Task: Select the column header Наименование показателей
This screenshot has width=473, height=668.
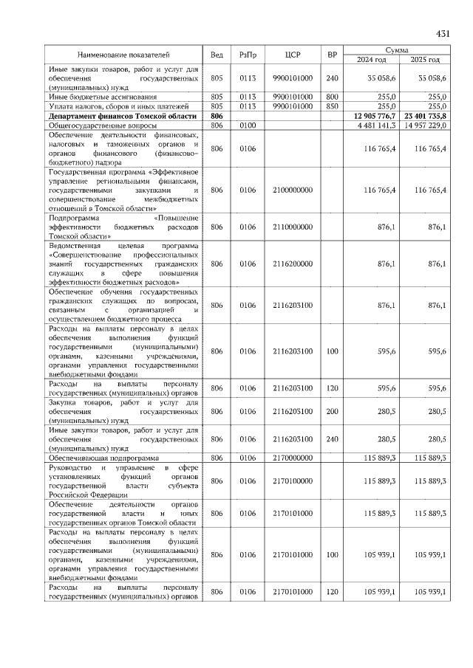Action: pyautogui.click(x=123, y=55)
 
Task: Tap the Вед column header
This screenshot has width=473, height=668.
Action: pyautogui.click(x=217, y=55)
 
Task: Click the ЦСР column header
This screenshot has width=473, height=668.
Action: pyautogui.click(x=292, y=55)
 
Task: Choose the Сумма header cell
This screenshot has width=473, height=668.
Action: pyautogui.click(x=399, y=49)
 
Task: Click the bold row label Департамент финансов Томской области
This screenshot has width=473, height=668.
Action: pyautogui.click(x=122, y=116)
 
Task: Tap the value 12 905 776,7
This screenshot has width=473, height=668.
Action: pyautogui.click(x=375, y=116)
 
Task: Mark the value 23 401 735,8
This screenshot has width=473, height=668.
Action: pyautogui.click(x=424, y=116)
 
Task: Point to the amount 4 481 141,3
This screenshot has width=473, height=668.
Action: pyautogui.click(x=377, y=125)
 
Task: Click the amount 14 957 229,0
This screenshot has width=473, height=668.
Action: pyautogui.click(x=424, y=125)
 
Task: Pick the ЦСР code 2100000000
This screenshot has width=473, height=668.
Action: pyautogui.click(x=292, y=190)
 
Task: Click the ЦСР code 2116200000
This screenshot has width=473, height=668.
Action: pyautogui.click(x=292, y=264)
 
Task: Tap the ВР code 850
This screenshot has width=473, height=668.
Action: pyautogui.click(x=332, y=106)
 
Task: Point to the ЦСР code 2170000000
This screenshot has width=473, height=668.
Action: pyautogui.click(x=292, y=458)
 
